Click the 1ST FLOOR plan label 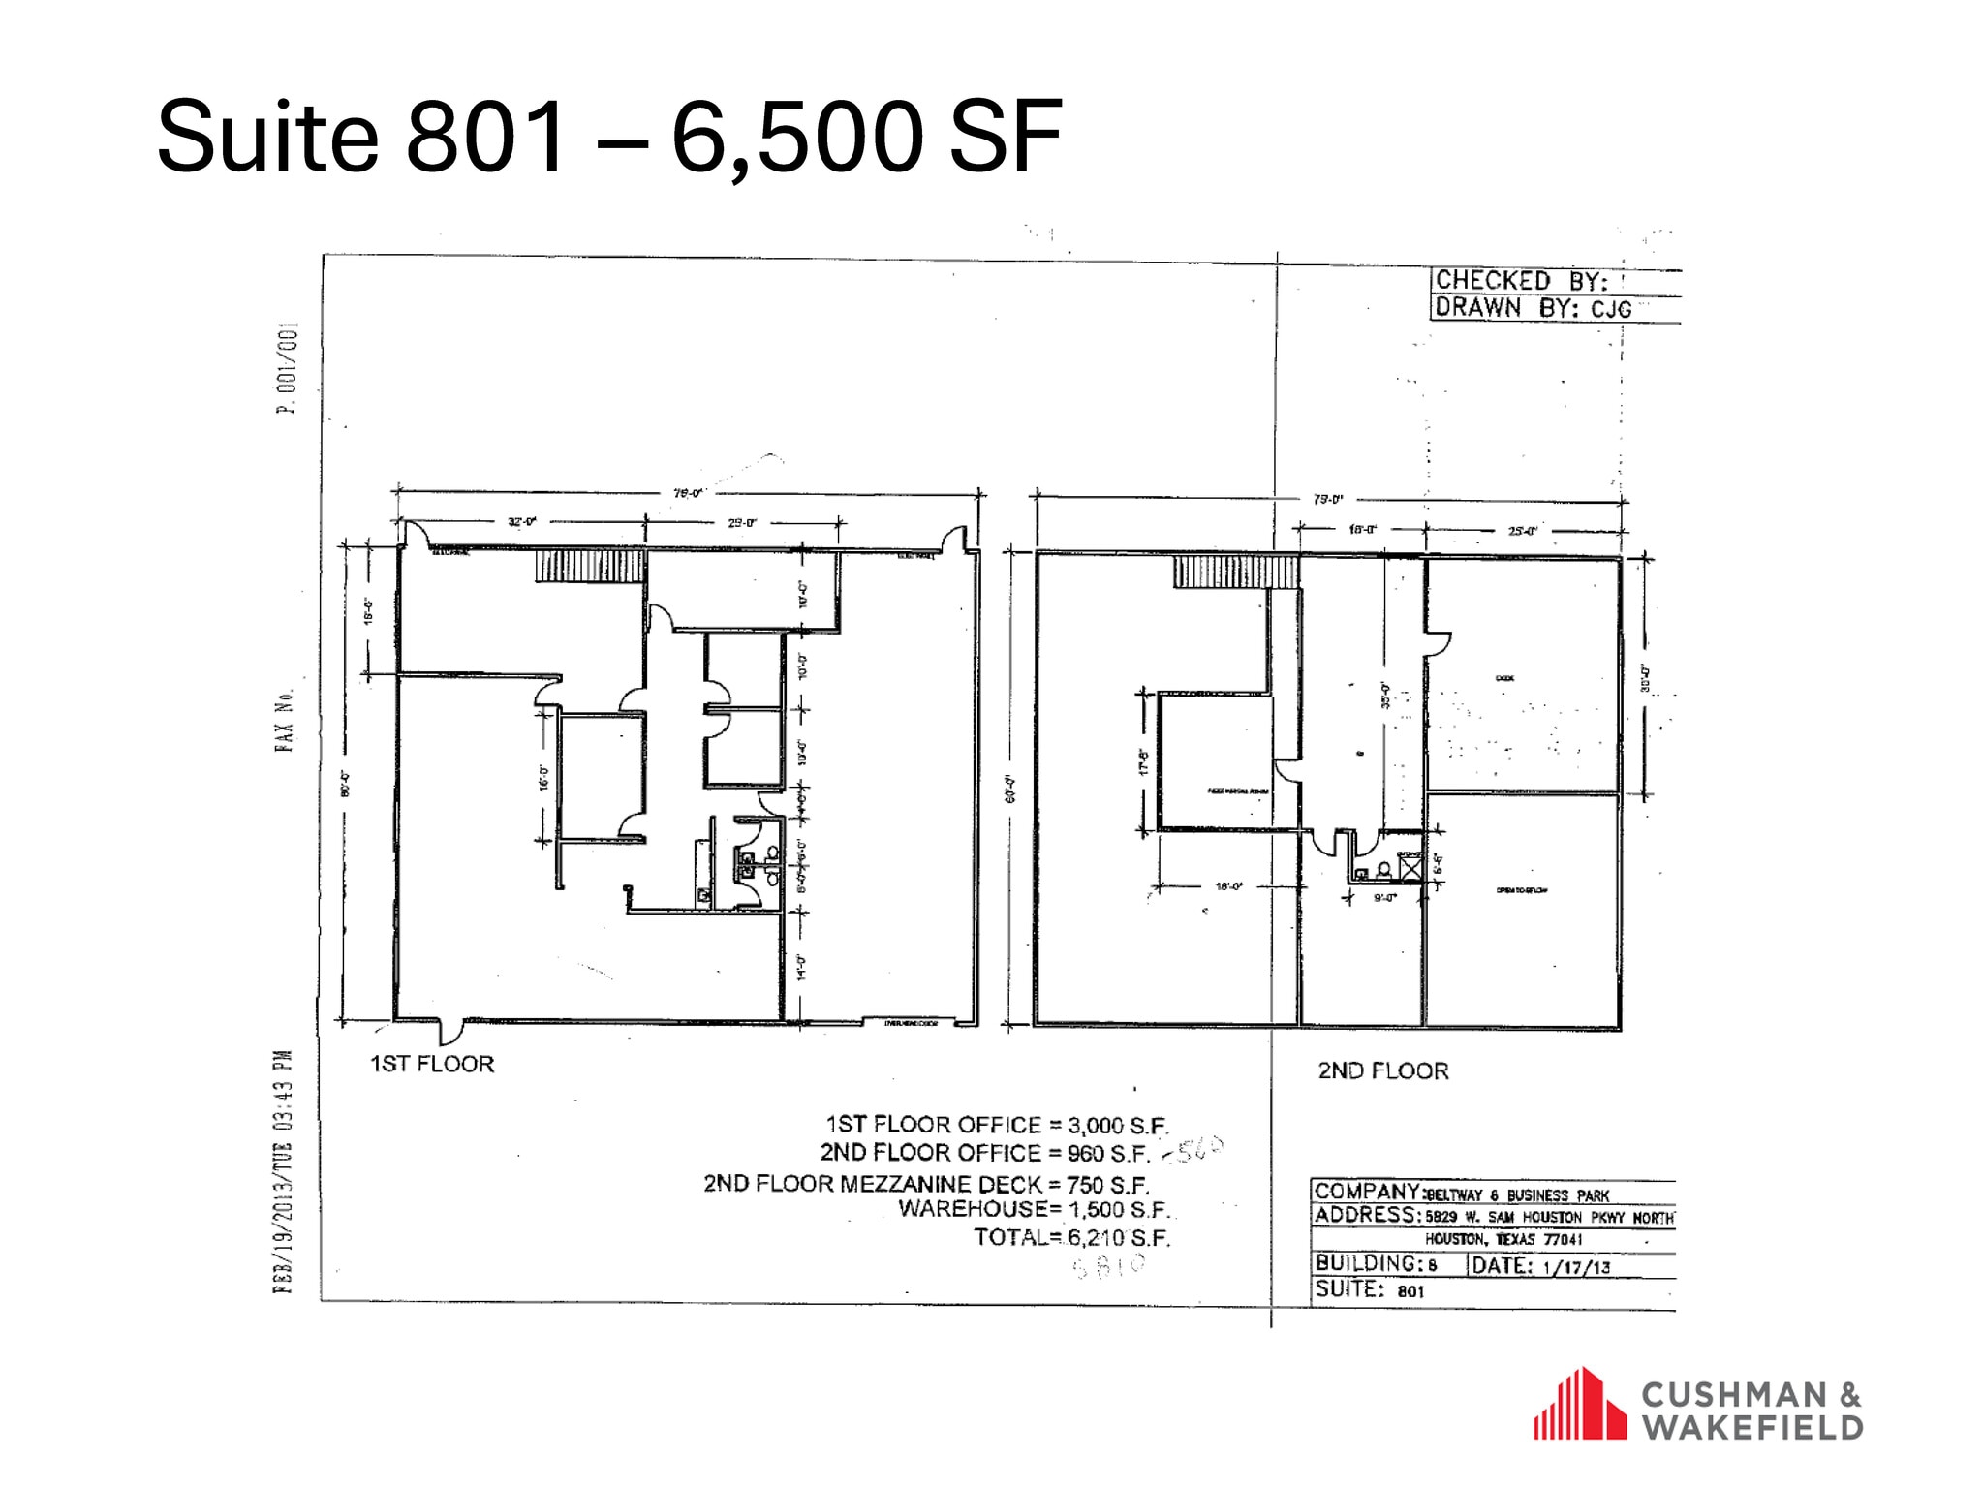[432, 1064]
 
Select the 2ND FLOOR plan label [1382, 1070]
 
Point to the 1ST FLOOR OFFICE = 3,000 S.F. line [997, 1125]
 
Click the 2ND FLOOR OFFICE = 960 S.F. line [984, 1153]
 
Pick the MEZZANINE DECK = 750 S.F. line [926, 1184]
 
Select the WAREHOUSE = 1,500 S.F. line [1034, 1209]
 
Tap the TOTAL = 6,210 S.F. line [1071, 1237]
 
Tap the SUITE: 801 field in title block [1370, 1289]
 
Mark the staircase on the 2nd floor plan [1235, 572]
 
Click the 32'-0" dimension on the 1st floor [523, 522]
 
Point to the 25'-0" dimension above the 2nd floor [1523, 530]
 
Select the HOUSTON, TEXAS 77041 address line [1503, 1240]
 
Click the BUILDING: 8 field [1376, 1264]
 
